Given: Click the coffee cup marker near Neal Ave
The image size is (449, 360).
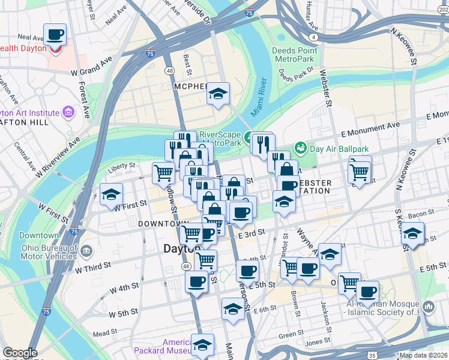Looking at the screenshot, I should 55,35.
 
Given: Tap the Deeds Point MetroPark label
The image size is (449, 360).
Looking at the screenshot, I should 293,55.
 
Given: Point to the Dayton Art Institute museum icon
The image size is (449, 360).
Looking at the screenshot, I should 68,112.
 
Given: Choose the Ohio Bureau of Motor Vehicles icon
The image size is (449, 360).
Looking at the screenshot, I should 86,250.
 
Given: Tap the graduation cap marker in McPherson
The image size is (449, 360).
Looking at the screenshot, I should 218,94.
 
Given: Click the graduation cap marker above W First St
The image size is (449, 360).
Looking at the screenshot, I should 112,195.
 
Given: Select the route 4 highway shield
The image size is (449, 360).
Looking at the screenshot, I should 315,37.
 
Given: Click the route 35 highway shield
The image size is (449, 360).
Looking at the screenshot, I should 373,356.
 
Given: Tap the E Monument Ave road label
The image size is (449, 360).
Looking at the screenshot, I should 370,126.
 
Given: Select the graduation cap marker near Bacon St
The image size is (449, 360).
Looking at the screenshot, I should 412,234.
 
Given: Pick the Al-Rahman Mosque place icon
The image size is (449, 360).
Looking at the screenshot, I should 428,307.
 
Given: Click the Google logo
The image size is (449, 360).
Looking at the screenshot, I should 20,353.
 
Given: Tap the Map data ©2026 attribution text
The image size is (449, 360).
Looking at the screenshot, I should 424,355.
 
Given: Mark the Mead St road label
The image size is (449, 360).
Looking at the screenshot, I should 104,333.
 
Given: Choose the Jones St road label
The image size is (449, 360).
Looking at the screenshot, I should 315,343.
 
